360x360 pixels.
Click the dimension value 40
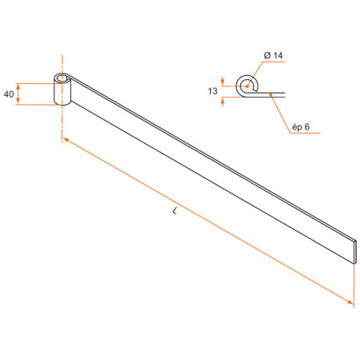click(x=9, y=94)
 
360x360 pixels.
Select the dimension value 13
click(x=213, y=91)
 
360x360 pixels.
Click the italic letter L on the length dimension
click(x=174, y=211)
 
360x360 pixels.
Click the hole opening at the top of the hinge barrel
click(x=61, y=79)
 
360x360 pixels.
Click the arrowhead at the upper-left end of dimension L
click(x=65, y=141)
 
